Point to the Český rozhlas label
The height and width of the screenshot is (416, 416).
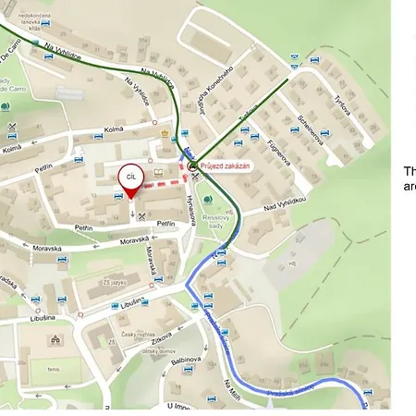click(x=128, y=332)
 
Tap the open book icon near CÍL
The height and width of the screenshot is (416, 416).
click(x=158, y=172)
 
